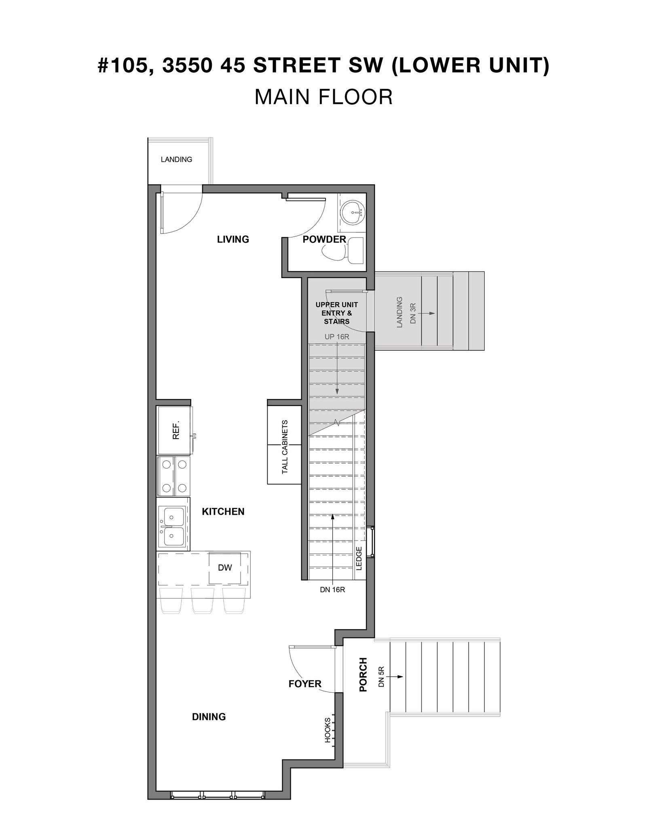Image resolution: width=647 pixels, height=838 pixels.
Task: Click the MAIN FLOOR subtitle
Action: [323, 97]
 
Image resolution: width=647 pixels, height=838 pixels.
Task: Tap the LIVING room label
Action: [233, 239]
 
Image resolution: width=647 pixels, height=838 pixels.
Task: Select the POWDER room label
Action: [324, 239]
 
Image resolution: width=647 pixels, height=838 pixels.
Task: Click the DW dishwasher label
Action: [225, 568]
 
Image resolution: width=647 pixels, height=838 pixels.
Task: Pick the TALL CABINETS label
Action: [285, 447]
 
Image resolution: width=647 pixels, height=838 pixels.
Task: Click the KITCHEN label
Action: [223, 511]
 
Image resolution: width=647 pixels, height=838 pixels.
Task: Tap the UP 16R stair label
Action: [337, 337]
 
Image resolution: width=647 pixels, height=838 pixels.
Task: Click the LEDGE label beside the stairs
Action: [359, 558]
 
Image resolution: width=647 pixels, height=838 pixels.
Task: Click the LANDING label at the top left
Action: [176, 159]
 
